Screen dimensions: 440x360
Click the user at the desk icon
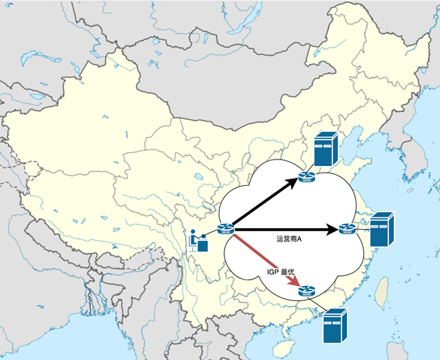[197, 240]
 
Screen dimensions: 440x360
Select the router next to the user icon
[225, 231]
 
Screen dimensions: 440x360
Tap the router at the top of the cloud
[307, 175]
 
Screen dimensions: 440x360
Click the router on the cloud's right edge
[346, 230]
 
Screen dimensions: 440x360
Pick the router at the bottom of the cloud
[307, 292]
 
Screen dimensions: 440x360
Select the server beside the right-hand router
[382, 230]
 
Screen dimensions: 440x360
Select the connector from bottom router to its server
[319, 303]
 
